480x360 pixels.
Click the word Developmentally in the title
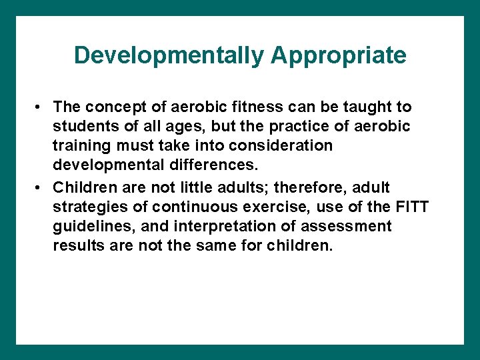pos(169,55)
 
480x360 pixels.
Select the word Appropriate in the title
pos(338,55)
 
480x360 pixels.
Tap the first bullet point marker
pos(41,107)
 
